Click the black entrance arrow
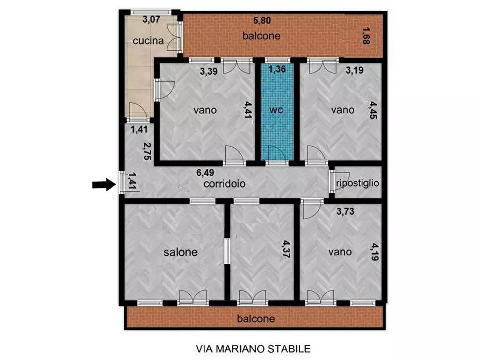[102, 185]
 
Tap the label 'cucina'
[145, 40]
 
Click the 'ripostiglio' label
[357, 183]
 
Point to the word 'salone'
[180, 251]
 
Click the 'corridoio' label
[224, 183]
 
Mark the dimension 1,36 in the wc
[277, 69]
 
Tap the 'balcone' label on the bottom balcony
[256, 319]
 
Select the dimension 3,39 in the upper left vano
[209, 70]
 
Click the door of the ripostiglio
[332, 182]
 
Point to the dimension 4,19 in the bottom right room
[374, 251]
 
